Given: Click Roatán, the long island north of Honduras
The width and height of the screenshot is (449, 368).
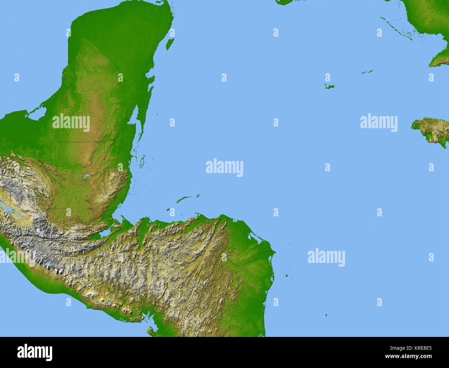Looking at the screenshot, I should pyautogui.click(x=184, y=199).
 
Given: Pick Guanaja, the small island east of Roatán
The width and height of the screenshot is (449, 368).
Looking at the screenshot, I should pyautogui.click(x=198, y=196).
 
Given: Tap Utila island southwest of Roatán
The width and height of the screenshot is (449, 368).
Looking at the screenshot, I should pyautogui.click(x=171, y=209).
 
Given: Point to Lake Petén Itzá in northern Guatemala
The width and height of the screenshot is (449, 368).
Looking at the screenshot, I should pyautogui.click(x=86, y=177).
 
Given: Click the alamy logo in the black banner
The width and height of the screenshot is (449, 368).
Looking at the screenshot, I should pyautogui.click(x=35, y=352).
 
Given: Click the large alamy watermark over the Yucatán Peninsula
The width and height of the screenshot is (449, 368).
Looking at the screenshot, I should pyautogui.click(x=71, y=123).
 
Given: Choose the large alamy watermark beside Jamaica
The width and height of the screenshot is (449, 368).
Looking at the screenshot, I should pyautogui.click(x=379, y=122).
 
